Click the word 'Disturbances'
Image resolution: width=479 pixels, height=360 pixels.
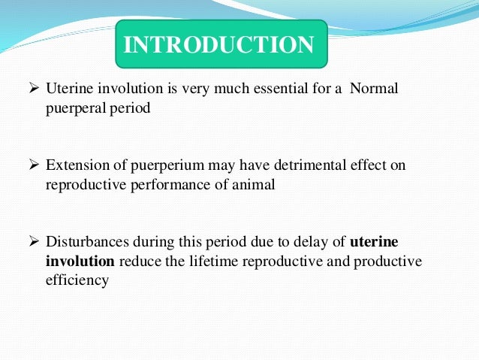click(85, 243)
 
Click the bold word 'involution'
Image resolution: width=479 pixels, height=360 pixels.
click(79, 261)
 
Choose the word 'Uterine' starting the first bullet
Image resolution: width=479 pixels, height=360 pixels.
click(68, 90)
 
